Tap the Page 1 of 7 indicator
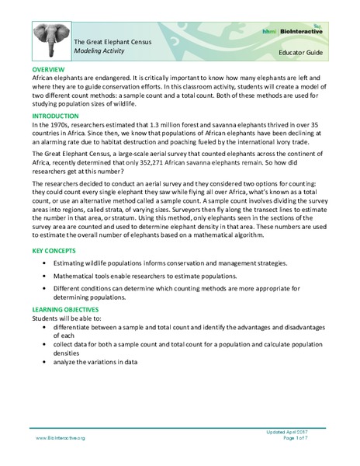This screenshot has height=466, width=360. click(x=306, y=439)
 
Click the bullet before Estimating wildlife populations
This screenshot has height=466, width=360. click(x=50, y=265)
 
